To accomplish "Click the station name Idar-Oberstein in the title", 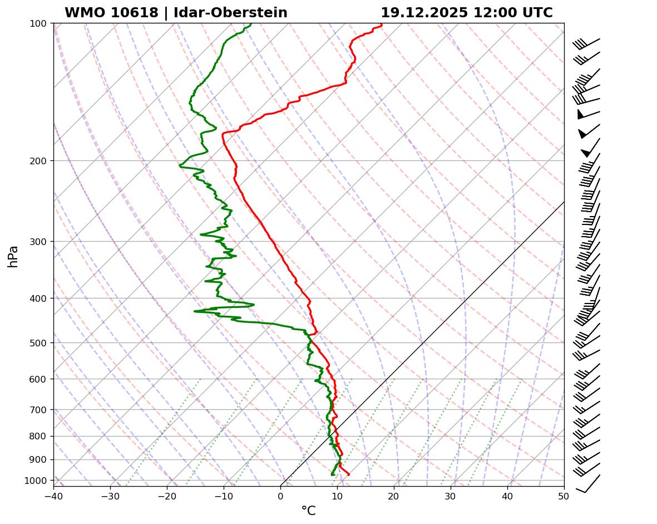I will coord(230,13).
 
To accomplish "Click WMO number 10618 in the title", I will coord(111,13).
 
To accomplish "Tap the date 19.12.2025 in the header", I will coord(424,13).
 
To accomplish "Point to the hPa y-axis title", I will coord(13,256).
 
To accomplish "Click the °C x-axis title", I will coord(308,511).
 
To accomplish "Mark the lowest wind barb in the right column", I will coord(589,483).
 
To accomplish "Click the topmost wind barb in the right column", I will coord(587,42).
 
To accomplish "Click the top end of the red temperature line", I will coord(382,25).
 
